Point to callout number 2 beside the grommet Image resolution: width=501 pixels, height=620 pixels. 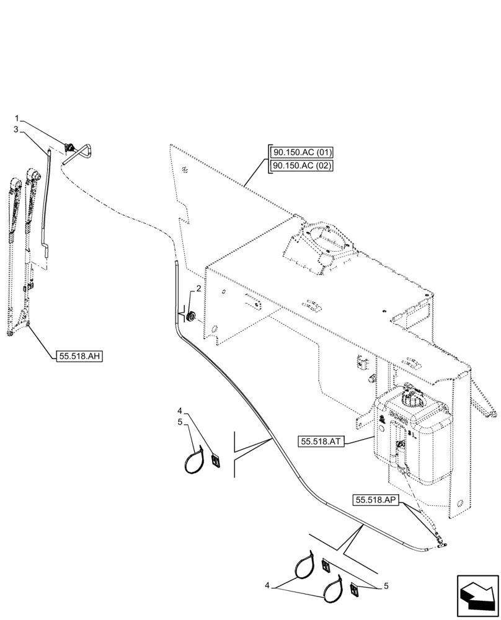(198, 288)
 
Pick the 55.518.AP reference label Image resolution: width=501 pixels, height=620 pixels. (377, 500)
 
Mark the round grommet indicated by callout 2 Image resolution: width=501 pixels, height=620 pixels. (191, 316)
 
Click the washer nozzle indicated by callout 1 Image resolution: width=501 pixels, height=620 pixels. (72, 148)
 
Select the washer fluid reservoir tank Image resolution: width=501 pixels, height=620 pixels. (412, 434)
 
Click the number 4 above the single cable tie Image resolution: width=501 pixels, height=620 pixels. (180, 410)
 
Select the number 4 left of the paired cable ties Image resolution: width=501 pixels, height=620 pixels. (267, 585)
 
